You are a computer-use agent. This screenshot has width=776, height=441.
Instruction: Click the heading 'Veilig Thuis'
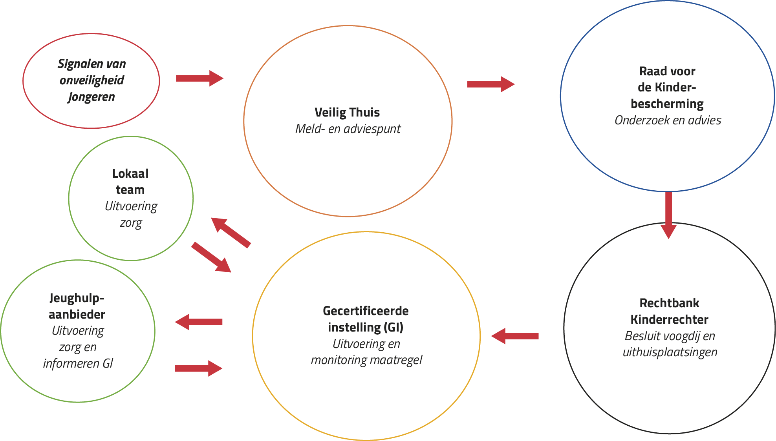[x=347, y=113]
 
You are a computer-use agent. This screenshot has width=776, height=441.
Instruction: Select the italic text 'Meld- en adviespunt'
[x=348, y=129]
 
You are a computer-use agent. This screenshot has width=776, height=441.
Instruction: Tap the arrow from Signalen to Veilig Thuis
[x=199, y=78]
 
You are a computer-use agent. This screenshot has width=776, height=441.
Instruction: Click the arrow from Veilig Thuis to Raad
[x=491, y=84]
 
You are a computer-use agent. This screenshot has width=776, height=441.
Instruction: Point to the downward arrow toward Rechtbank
[x=668, y=215]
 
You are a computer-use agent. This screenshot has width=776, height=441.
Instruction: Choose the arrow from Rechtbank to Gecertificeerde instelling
[x=515, y=336]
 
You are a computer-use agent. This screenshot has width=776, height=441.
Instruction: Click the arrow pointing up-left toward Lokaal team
[x=231, y=232]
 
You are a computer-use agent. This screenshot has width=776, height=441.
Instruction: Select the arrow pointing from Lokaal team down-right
[x=211, y=257]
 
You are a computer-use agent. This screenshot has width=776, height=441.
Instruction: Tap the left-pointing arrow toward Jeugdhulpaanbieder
[x=199, y=322]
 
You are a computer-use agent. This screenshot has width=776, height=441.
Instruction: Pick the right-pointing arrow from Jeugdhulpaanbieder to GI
[x=199, y=368]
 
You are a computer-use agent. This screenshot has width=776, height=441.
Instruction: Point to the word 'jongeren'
[x=92, y=97]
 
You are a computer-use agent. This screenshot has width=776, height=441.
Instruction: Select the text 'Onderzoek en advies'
[x=668, y=120]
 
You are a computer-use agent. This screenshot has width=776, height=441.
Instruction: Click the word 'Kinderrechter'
[x=669, y=319]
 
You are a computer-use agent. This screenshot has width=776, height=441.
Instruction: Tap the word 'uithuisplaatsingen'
[x=670, y=352]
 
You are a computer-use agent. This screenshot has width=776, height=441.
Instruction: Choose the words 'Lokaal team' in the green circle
[x=130, y=181]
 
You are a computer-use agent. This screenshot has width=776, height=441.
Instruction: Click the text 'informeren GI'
[x=78, y=363]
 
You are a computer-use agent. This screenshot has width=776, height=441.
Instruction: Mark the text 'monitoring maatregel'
[x=366, y=360]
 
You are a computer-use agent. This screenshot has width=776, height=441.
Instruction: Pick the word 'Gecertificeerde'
[x=366, y=311]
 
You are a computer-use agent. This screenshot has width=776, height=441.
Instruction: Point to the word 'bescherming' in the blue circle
[x=667, y=104]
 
